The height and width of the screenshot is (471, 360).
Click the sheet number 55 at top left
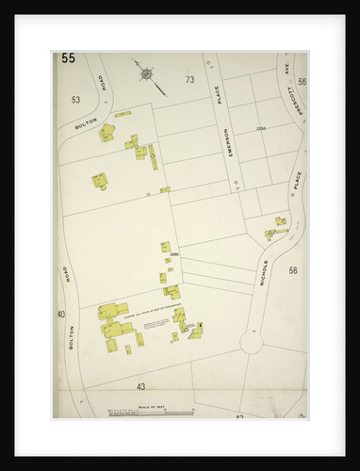[x=68, y=58]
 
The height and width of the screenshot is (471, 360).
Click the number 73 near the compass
[x=189, y=80]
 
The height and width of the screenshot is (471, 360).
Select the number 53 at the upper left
[x=75, y=98]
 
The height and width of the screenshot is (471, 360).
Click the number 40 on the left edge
[x=61, y=314]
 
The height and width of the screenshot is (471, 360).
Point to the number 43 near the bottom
[x=140, y=386]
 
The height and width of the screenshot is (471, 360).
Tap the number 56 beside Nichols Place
[x=293, y=270]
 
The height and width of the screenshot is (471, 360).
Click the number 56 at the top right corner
[x=302, y=82]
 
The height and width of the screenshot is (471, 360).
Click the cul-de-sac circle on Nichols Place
[x=251, y=343]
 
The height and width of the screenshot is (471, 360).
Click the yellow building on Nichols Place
[x=280, y=223]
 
